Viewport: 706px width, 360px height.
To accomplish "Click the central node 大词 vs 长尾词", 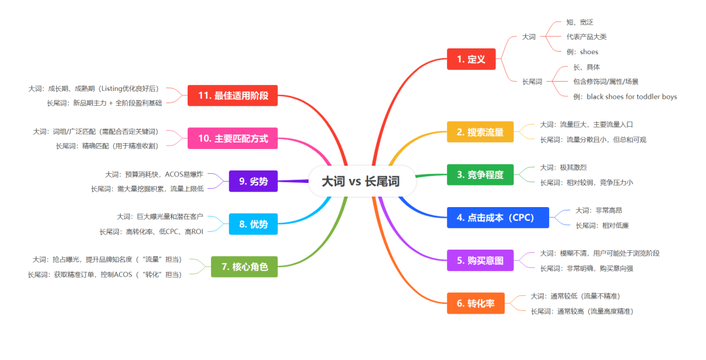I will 361,181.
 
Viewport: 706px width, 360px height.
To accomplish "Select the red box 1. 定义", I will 471,59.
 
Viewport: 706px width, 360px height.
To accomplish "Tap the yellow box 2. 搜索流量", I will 480,132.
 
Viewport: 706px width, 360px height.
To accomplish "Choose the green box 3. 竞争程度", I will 480,174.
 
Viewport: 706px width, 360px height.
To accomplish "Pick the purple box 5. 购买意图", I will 480,260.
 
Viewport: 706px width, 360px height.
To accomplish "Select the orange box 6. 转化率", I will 475,303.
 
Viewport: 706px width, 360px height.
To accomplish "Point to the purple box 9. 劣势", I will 254,181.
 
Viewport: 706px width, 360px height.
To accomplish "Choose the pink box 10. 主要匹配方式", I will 233,139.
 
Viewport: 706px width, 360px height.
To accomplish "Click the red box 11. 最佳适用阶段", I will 233,95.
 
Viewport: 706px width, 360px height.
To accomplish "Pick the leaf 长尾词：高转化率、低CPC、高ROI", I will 152,231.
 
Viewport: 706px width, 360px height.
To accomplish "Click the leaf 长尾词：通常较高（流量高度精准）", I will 582,311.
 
